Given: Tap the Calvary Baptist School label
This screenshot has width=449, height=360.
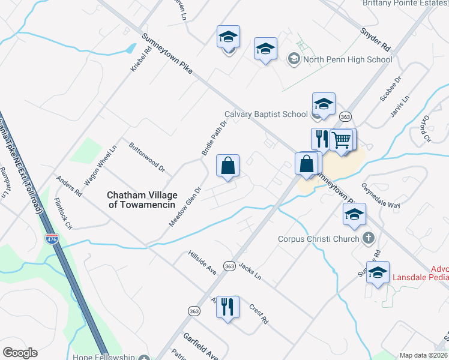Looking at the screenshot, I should pyautogui.click(x=266, y=114).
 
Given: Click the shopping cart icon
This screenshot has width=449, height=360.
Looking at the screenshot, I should pyautogui.click(x=342, y=140).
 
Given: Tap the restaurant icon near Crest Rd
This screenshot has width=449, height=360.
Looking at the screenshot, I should pyautogui.click(x=228, y=307).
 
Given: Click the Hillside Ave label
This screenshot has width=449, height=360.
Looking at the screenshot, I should pyautogui.click(x=202, y=262).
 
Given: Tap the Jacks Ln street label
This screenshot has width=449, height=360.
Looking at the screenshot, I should pyautogui.click(x=250, y=271).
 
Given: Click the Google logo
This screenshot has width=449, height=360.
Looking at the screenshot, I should pyautogui.click(x=20, y=353).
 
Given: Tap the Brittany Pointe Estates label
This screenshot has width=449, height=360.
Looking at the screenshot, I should pyautogui.click(x=405, y=4).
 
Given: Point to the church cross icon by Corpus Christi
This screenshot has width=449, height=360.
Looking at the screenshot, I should pyautogui.click(x=369, y=239).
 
